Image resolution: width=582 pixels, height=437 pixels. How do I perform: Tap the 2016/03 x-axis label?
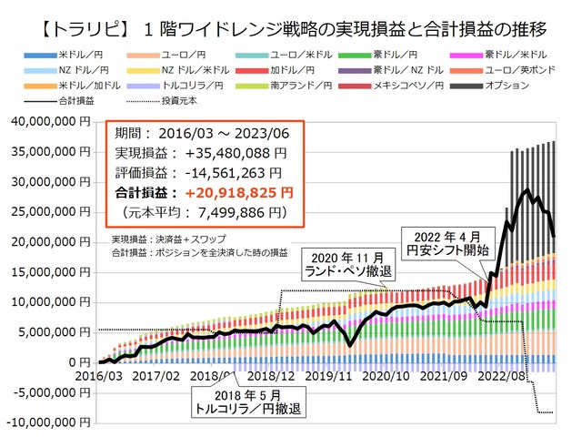coord(98,375)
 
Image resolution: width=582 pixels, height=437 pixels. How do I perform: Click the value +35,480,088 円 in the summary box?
coord(235,152)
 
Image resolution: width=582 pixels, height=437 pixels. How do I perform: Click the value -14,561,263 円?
coord(235,172)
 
